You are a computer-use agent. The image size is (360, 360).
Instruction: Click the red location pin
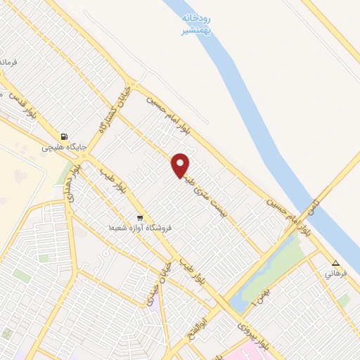point(181,165)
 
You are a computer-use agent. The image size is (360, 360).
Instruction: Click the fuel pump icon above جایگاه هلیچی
point(64,136)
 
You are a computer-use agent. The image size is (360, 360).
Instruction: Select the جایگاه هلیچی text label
point(64,148)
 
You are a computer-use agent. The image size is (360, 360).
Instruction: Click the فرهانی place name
point(335,275)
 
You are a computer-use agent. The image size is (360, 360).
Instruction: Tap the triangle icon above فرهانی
point(335,264)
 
